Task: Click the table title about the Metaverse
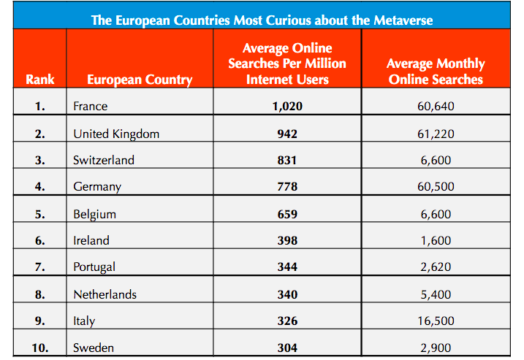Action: pos(262,20)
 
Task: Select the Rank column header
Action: pos(40,80)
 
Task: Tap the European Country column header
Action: pos(140,80)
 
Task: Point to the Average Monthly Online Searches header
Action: pos(436,72)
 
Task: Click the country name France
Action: pos(90,107)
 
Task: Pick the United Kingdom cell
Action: pos(116,134)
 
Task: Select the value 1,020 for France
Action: pos(286,107)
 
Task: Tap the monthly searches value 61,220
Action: pos(436,134)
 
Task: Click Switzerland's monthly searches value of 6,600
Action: pos(436,161)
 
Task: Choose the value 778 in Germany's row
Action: pos(286,187)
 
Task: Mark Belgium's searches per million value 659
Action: pos(286,215)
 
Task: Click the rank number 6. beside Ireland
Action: pos(40,240)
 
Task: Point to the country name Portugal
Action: pos(94,267)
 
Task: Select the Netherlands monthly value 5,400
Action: pos(436,295)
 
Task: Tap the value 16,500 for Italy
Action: pos(436,321)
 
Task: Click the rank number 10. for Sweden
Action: pos(40,348)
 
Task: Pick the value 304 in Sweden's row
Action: pos(286,348)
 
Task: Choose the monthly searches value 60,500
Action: pos(436,187)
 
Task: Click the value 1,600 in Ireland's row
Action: pos(436,240)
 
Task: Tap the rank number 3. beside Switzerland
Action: pos(40,161)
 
